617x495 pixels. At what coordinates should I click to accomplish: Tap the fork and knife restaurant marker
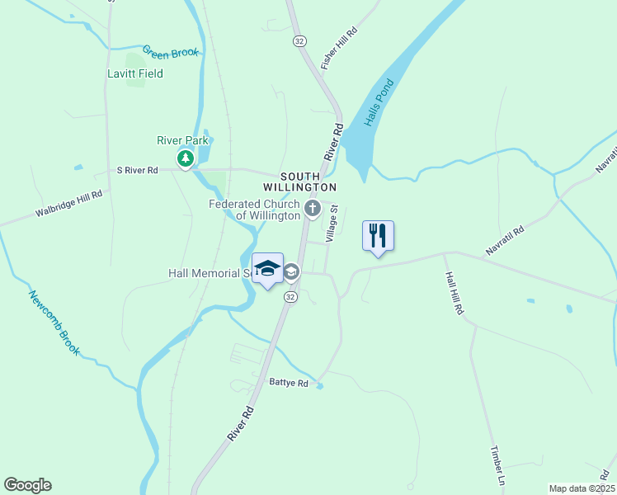[x=378, y=235]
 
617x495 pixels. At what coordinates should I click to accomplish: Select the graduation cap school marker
[x=267, y=268]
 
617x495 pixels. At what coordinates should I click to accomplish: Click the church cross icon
[x=312, y=208]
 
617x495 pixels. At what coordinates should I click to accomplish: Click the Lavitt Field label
[x=135, y=73]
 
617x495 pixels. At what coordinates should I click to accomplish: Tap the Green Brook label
[x=171, y=52]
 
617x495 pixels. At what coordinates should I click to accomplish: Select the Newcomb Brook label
[x=54, y=323]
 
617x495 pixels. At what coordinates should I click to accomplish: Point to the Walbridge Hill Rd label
[x=68, y=204]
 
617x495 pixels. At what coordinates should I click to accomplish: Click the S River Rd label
[x=137, y=170]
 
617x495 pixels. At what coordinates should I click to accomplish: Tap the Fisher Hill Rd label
[x=340, y=48]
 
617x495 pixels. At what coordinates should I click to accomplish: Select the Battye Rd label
[x=289, y=383]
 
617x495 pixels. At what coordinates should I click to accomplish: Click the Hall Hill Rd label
[x=455, y=293]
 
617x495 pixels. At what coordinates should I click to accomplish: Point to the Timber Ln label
[x=497, y=466]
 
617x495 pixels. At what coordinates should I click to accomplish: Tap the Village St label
[x=332, y=224]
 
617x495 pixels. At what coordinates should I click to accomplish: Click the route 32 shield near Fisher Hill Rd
[x=299, y=40]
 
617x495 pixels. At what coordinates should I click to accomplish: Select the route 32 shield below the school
[x=290, y=296]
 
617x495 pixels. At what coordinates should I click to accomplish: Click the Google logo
[x=27, y=485]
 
